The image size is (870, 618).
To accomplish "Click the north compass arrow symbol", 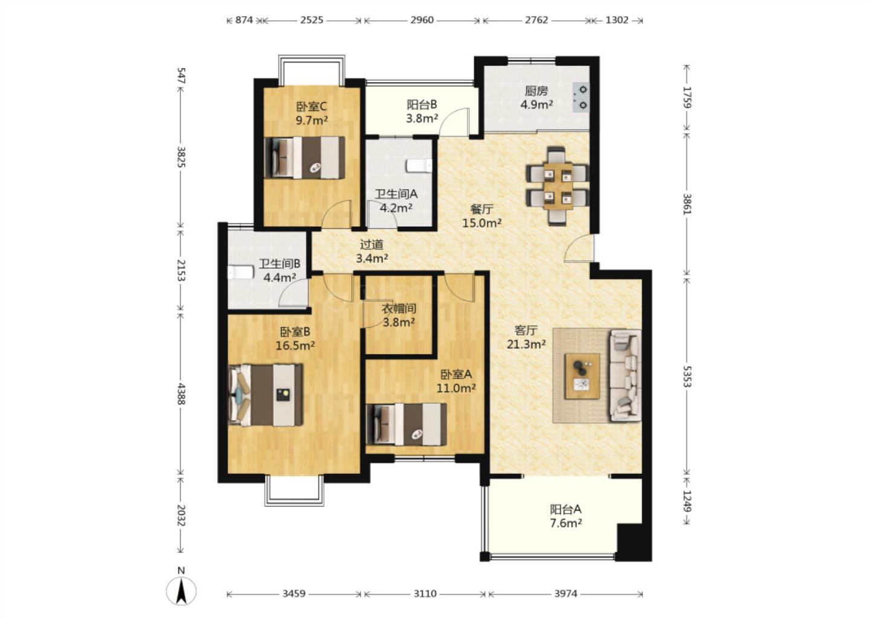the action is click(x=181, y=591).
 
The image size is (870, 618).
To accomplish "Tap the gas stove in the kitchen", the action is click(x=581, y=97).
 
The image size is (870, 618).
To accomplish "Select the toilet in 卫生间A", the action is click(x=419, y=165).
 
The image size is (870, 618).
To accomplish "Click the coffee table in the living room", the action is click(x=582, y=376).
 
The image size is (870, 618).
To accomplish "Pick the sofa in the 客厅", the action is click(x=625, y=375).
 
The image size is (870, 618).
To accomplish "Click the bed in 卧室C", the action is click(x=304, y=158).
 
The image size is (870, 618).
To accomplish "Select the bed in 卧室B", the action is click(x=265, y=395).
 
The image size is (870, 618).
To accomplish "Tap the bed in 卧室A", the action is click(x=406, y=424).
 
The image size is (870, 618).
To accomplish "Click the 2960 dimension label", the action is click(x=422, y=20).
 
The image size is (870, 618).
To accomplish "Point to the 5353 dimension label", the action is click(x=687, y=376).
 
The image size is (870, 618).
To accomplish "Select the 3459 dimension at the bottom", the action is click(x=294, y=594).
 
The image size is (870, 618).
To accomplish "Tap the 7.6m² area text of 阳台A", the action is click(x=565, y=523).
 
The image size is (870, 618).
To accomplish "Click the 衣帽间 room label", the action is click(x=399, y=309).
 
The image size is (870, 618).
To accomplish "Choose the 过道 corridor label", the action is click(x=372, y=244).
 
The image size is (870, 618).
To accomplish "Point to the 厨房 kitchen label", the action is click(x=536, y=91).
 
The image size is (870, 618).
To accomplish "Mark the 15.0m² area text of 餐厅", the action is click(x=482, y=223).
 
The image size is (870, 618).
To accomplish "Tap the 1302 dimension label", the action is click(x=617, y=20).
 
